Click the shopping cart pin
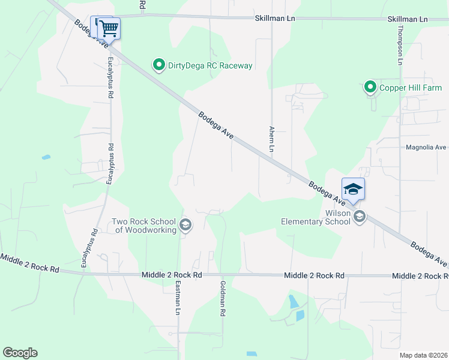point(109,28)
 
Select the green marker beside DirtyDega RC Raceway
point(159,65)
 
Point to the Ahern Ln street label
point(271,139)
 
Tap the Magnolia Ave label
point(426,147)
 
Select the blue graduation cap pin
point(354,188)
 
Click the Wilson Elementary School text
point(316,217)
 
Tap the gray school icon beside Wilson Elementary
point(360,217)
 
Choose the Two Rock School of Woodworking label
point(144,225)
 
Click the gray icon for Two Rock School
point(185,225)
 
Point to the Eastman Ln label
point(178,298)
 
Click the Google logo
point(20,353)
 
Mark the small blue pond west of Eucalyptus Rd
point(46,157)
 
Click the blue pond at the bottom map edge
point(252,354)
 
